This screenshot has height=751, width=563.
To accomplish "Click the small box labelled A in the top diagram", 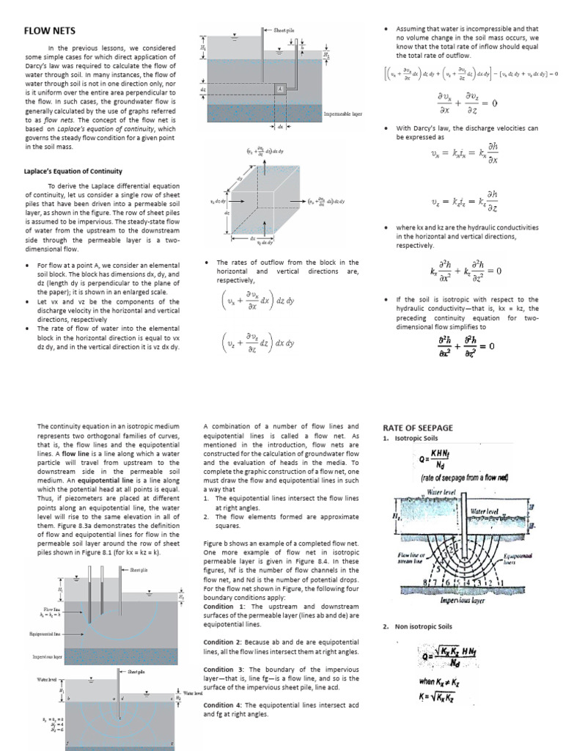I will coord(279,89).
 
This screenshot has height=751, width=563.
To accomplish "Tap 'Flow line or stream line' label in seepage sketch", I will coord(406,561).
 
